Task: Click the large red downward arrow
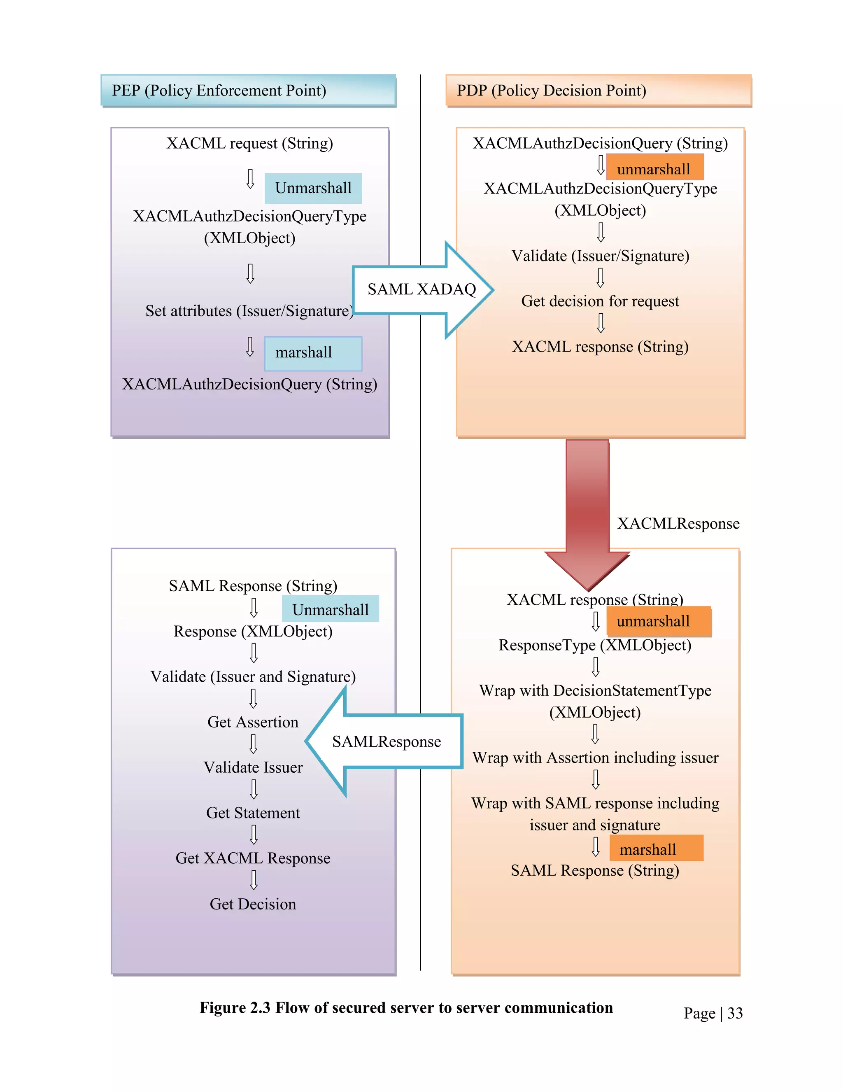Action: click(x=587, y=510)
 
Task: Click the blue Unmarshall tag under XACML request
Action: click(x=313, y=188)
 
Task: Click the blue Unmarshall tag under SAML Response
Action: click(x=330, y=609)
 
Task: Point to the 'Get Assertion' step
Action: click(x=253, y=722)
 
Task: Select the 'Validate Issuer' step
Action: click(x=253, y=767)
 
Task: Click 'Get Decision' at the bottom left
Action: click(x=253, y=904)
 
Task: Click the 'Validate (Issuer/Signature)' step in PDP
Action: click(x=600, y=256)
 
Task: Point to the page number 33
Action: click(x=735, y=1013)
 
